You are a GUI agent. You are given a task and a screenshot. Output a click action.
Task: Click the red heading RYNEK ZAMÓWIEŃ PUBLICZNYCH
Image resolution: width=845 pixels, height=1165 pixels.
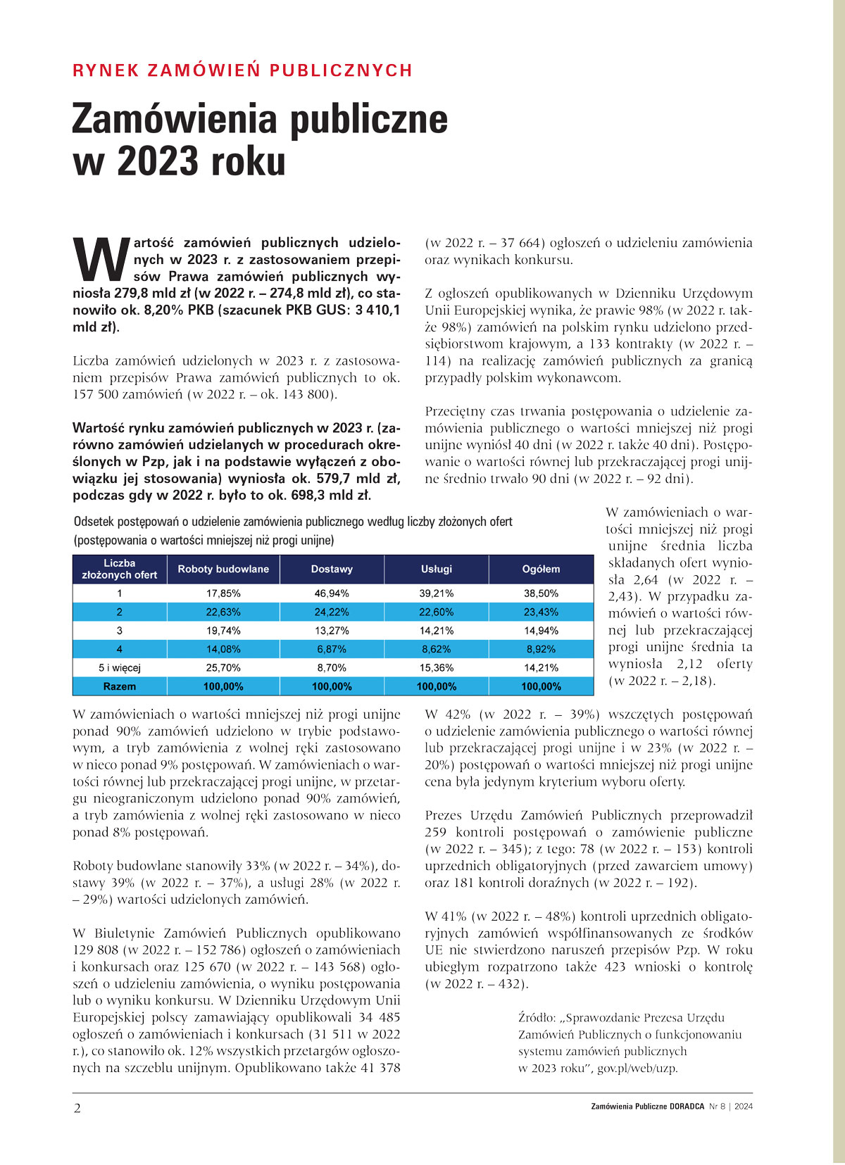coord(242,70)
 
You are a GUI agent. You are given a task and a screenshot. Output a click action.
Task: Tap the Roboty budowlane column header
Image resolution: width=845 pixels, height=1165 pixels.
coord(223,569)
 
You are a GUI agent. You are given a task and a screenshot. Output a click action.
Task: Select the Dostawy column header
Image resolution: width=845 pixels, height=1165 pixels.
coord(332,569)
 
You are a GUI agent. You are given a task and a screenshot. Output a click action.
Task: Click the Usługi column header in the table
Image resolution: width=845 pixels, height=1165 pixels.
coord(437,569)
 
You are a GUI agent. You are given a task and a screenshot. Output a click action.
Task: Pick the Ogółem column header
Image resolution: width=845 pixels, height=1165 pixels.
coord(541,569)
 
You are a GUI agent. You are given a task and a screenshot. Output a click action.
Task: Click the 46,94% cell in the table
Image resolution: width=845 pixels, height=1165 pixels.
coord(332,593)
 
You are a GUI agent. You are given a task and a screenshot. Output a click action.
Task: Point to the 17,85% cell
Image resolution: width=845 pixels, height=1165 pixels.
coord(223,593)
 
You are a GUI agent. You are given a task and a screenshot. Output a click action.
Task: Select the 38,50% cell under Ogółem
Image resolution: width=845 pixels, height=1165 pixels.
coord(541,593)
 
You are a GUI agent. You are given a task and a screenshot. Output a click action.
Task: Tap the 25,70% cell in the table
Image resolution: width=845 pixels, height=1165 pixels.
coord(223,667)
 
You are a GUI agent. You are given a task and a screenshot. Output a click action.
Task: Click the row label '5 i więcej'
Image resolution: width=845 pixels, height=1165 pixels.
coord(120,667)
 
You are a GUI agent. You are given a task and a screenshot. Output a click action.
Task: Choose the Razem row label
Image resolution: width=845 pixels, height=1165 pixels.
coord(120,686)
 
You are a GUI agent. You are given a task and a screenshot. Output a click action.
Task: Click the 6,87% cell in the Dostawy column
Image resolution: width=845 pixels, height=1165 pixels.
coord(332,649)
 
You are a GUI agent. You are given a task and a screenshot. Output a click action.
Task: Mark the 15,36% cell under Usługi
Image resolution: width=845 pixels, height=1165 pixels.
coord(437,667)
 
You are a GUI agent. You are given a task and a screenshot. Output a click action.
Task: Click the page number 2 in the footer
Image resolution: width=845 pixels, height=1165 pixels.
coord(77,1109)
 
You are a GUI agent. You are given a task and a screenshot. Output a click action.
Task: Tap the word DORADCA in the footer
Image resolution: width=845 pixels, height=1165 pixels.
coord(687,1106)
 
